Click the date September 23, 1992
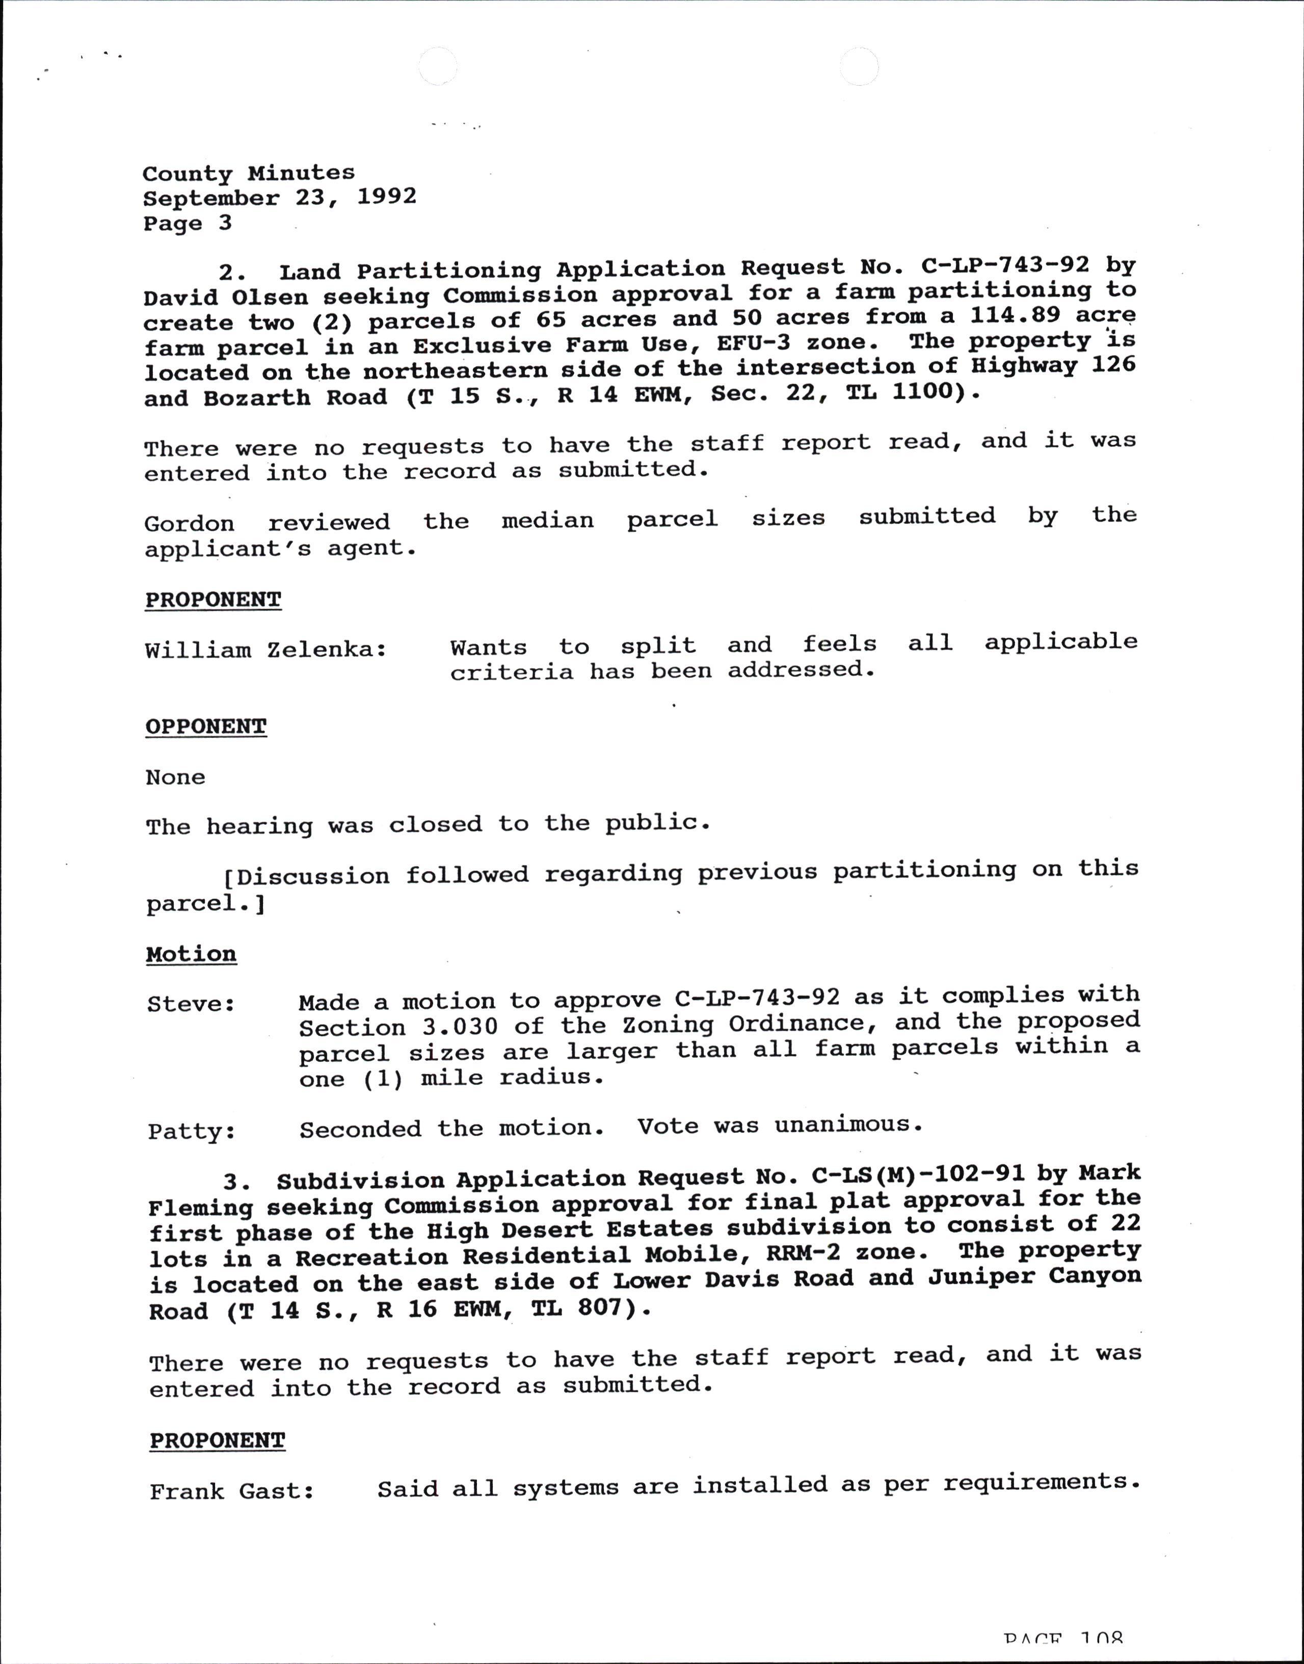click(x=279, y=198)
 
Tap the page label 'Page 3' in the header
click(x=187, y=224)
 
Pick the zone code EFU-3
click(x=754, y=343)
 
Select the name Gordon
click(x=190, y=524)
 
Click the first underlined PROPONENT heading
click(x=213, y=600)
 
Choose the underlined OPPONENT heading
click(x=206, y=727)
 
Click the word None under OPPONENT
click(x=176, y=778)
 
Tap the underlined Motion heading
click(x=191, y=955)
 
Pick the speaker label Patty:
click(x=191, y=1131)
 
